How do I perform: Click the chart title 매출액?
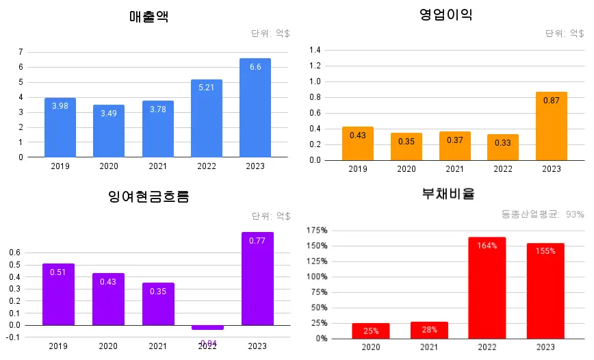(x=148, y=17)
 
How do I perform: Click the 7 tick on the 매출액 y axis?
(x=21, y=52)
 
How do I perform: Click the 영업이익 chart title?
(x=445, y=14)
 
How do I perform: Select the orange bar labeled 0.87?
(x=551, y=126)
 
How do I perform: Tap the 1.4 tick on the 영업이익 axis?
(x=315, y=50)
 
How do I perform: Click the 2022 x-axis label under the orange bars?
(x=502, y=169)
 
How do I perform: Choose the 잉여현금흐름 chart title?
(x=148, y=197)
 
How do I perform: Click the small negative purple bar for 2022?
(x=207, y=328)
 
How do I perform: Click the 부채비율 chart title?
(x=448, y=194)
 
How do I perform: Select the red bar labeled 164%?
(x=487, y=287)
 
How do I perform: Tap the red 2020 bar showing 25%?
(x=370, y=331)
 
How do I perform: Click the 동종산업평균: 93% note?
(x=543, y=214)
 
